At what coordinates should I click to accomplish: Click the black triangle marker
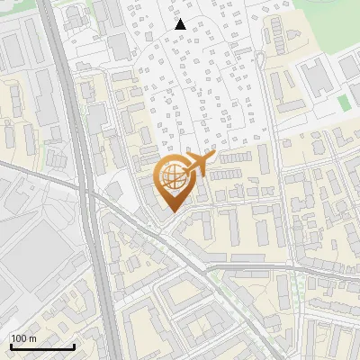coord(181,24)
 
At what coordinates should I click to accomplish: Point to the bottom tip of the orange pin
coord(171,212)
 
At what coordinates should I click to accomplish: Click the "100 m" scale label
coord(23,338)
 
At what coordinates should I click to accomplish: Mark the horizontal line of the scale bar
coord(41,347)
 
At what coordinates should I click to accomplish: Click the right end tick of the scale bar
coord(74,346)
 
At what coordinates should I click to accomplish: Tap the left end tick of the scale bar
coord(10,346)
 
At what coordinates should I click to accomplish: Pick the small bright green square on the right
coord(344,103)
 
